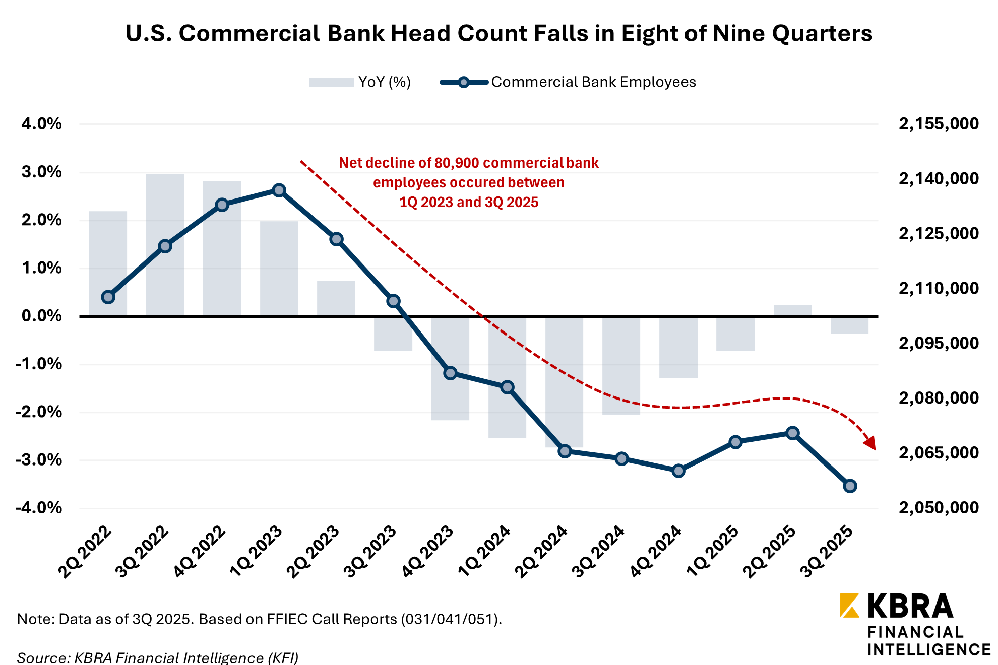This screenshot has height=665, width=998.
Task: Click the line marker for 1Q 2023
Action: (x=279, y=190)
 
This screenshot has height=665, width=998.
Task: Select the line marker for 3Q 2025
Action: (x=850, y=486)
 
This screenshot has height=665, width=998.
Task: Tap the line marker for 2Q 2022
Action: (x=108, y=297)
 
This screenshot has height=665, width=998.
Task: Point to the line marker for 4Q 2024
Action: (x=678, y=471)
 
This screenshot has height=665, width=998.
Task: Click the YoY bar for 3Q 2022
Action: (x=165, y=245)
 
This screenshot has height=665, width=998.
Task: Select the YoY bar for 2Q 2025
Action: (x=792, y=310)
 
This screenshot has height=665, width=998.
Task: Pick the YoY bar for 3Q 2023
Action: (x=393, y=334)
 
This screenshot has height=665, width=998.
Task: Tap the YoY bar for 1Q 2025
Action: (x=735, y=334)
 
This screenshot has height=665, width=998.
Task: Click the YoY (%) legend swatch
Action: (x=331, y=82)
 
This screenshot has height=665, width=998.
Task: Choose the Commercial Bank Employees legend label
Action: (x=593, y=82)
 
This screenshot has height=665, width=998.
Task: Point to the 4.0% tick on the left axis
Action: (x=42, y=124)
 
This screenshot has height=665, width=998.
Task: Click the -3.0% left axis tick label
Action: (x=39, y=460)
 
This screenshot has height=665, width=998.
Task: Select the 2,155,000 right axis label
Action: (x=939, y=124)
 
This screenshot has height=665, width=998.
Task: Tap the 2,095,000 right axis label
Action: (x=939, y=343)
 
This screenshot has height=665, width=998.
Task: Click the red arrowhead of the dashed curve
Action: (x=869, y=443)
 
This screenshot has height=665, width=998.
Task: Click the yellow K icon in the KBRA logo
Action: (x=849, y=606)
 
